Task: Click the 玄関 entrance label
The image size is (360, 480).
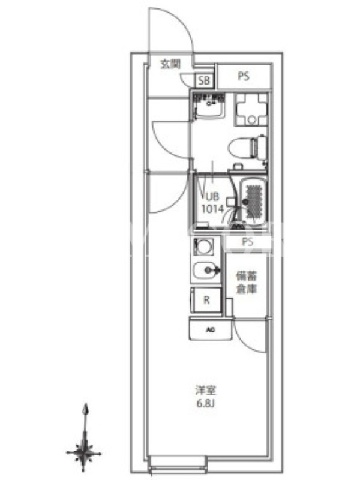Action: point(170,64)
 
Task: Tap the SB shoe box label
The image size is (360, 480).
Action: point(204,80)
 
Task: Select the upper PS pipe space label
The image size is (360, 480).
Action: point(244,76)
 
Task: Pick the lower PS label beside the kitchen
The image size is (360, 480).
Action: point(248,242)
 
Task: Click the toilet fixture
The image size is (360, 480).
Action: point(248,148)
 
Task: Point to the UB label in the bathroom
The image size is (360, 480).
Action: point(212,196)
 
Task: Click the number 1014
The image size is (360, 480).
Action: point(212,209)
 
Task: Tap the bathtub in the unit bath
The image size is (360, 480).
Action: point(253,201)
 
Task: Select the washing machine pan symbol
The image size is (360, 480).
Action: point(251,110)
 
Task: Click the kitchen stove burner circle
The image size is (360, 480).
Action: point(202,247)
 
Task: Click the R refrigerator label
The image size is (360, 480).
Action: point(206,299)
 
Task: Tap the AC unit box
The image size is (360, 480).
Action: point(211,329)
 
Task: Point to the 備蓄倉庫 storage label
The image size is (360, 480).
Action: point(247,283)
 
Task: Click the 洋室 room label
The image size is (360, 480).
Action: point(206,391)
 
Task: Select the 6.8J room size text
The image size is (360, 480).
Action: point(205,403)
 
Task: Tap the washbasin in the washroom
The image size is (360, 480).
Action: point(209,106)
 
